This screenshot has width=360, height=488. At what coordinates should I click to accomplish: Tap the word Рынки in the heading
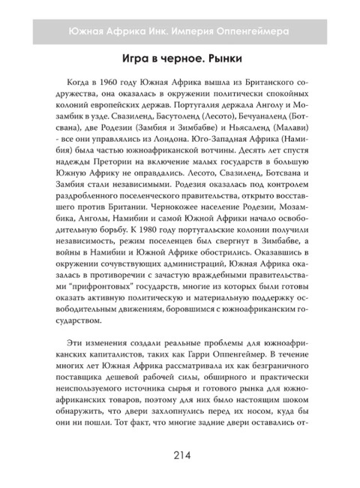(x=223, y=59)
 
